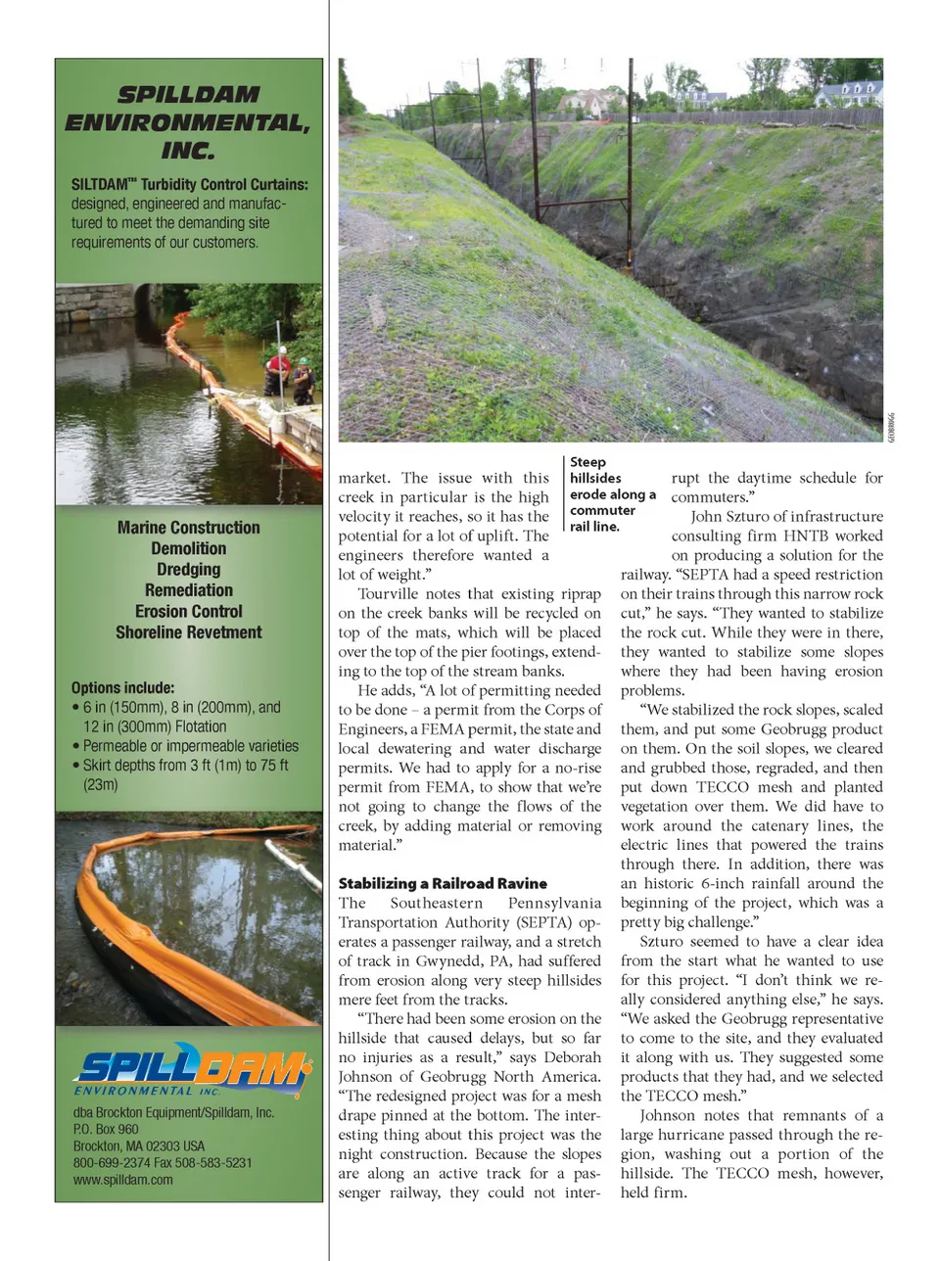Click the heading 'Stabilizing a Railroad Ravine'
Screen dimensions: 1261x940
[x=443, y=883]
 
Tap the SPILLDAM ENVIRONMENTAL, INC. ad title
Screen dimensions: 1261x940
[x=188, y=122]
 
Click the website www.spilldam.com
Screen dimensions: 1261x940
[x=122, y=1180]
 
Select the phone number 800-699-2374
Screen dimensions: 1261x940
[x=109, y=1162]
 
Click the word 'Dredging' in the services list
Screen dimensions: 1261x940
[x=188, y=569]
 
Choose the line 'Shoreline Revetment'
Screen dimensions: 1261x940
[x=188, y=632]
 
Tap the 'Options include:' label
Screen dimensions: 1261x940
[x=122, y=687]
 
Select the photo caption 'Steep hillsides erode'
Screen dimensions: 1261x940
[x=611, y=493]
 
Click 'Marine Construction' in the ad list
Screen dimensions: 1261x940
[x=188, y=527]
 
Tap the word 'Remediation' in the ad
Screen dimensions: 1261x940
[x=188, y=590]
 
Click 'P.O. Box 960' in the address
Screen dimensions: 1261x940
[x=106, y=1129]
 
